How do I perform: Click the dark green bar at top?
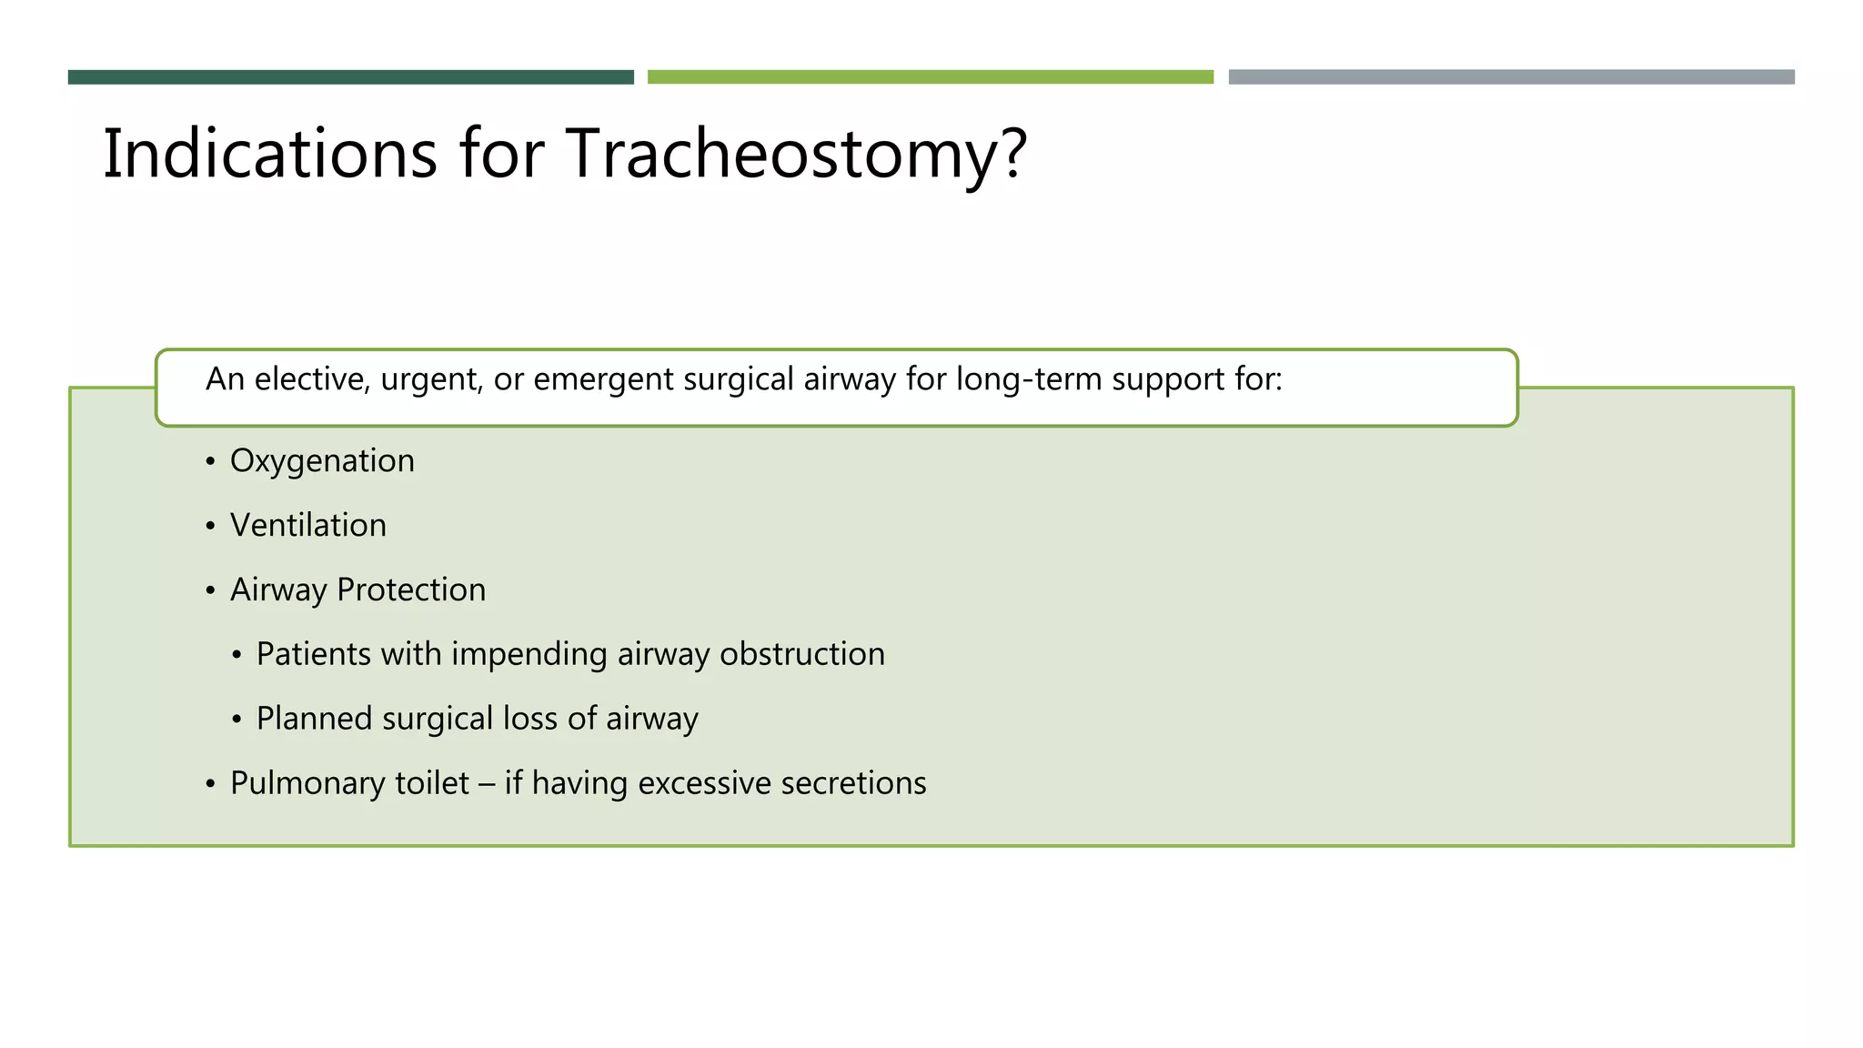(350, 77)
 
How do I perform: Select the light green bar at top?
(930, 77)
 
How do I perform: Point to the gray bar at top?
(1511, 77)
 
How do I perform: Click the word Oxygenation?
(322, 461)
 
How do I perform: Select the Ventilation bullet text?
(307, 526)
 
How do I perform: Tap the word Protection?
(411, 590)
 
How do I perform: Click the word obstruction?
(801, 654)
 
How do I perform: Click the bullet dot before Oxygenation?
(210, 462)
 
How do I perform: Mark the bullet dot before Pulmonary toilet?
(210, 784)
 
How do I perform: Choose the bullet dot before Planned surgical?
(237, 720)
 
